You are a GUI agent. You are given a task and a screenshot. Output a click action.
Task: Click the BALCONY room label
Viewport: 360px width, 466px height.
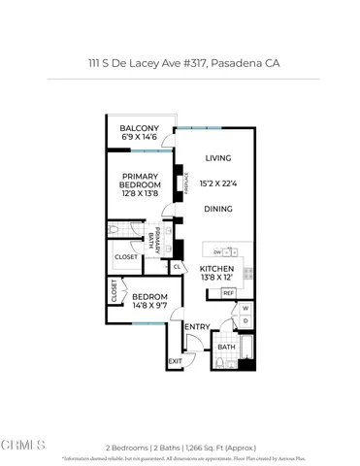[x=139, y=129]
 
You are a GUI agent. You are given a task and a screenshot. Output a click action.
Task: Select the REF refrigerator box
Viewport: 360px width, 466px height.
[x=229, y=292]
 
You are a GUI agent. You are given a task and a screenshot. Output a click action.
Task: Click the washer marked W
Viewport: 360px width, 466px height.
[x=245, y=309]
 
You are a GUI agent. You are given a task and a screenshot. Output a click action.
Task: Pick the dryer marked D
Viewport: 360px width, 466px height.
[x=245, y=321]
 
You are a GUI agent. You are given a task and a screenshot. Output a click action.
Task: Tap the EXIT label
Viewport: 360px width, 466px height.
[x=175, y=362]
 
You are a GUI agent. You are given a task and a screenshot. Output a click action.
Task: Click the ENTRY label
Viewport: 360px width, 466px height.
[x=197, y=326]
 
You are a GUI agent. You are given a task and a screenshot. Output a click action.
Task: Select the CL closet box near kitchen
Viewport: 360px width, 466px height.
[x=178, y=267]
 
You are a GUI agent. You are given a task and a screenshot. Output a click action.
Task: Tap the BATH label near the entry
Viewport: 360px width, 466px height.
[x=226, y=347]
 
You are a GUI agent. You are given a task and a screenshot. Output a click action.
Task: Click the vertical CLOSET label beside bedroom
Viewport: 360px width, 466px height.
[x=113, y=291]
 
